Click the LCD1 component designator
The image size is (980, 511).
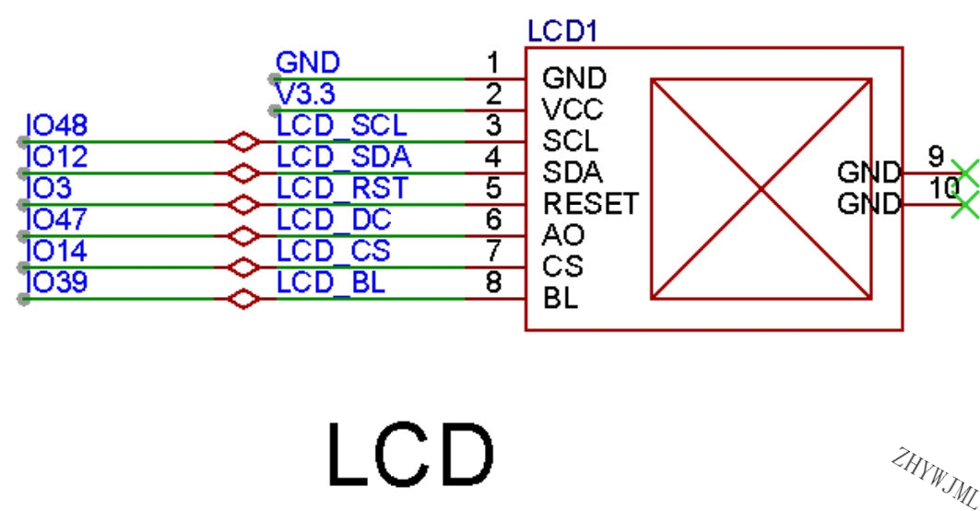562,31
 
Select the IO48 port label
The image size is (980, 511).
56,125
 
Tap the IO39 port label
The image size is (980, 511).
56,282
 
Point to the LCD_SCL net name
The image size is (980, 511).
341,126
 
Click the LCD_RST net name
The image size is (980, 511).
342,188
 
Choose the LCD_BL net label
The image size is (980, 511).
331,282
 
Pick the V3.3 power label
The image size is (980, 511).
305,94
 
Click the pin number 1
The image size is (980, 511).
494,63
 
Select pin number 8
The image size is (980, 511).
494,282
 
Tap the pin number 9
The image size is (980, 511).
936,157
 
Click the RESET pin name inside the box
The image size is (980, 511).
591,204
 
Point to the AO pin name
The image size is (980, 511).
563,235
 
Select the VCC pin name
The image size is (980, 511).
572,110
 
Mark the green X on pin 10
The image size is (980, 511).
965,205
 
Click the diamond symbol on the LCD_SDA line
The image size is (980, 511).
243,173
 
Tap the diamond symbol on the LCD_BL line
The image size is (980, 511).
243,299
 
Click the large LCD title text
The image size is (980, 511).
410,455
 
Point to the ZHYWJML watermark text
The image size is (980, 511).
936,477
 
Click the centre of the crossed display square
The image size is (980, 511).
762,189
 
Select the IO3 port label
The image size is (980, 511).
49,188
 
